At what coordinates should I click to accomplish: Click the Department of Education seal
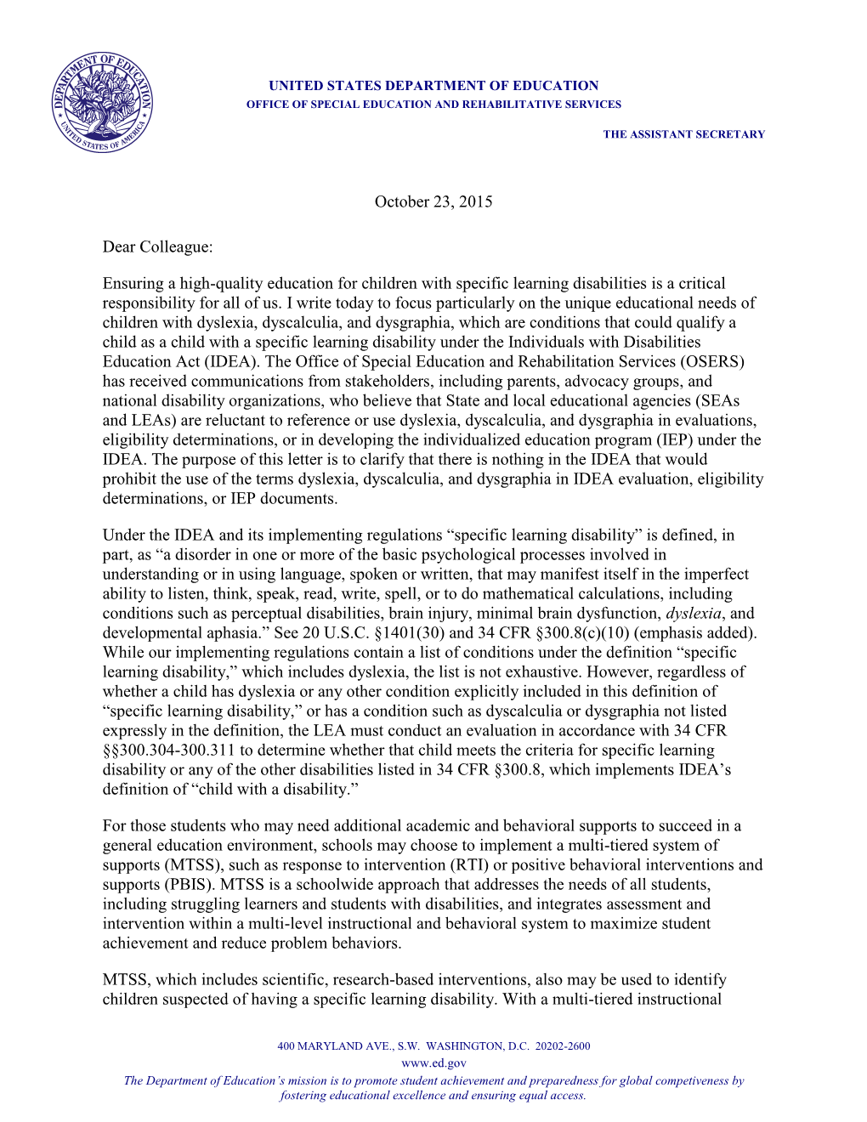point(102,103)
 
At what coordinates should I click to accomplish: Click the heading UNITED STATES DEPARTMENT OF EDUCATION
point(433,86)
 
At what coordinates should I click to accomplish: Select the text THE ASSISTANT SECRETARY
point(683,134)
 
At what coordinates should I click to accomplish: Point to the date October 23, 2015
point(433,202)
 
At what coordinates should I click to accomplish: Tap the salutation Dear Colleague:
point(157,247)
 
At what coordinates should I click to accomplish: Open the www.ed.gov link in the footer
point(433,1063)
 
